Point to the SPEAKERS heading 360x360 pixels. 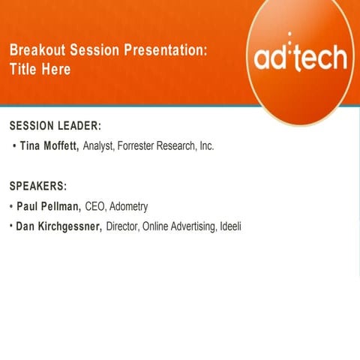38,185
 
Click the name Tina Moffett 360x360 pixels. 49,146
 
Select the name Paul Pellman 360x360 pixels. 48,206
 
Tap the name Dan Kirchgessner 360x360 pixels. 58,226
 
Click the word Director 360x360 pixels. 123,226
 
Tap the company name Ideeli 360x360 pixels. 230,226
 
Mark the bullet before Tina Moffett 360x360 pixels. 14,146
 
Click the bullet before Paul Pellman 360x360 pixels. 10,206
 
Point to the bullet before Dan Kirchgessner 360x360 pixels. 10,226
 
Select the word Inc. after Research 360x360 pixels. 206,146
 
